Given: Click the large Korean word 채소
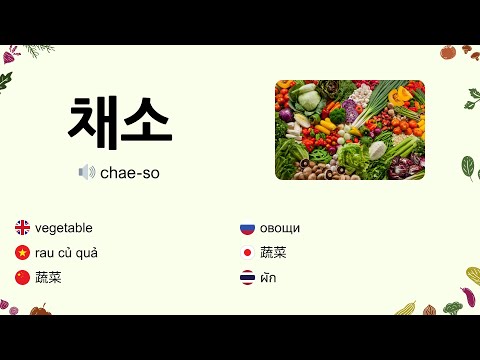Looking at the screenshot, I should coord(120,121).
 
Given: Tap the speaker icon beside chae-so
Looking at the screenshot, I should coord(87,172).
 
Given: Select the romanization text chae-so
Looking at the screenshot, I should coord(130,173).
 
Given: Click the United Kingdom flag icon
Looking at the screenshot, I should coord(22,227).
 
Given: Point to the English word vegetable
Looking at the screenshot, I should coord(64,228).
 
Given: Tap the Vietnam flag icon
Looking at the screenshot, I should coord(22,252).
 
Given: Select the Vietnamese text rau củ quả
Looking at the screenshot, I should coord(66,253).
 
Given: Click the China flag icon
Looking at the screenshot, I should coord(22,277).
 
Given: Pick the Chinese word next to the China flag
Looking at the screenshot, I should coord(48,278).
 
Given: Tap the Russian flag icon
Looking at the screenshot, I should coord(247,227).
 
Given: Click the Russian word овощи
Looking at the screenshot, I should coord(280,228).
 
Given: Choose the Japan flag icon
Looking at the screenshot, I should coord(247,252).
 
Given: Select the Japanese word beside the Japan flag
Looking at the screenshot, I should coord(273,253).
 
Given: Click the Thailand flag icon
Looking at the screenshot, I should coord(247,277).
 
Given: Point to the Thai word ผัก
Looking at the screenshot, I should coord(268,278).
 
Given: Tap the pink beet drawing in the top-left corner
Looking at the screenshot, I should coord(9,56).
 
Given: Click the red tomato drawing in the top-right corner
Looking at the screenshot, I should coord(448,52).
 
